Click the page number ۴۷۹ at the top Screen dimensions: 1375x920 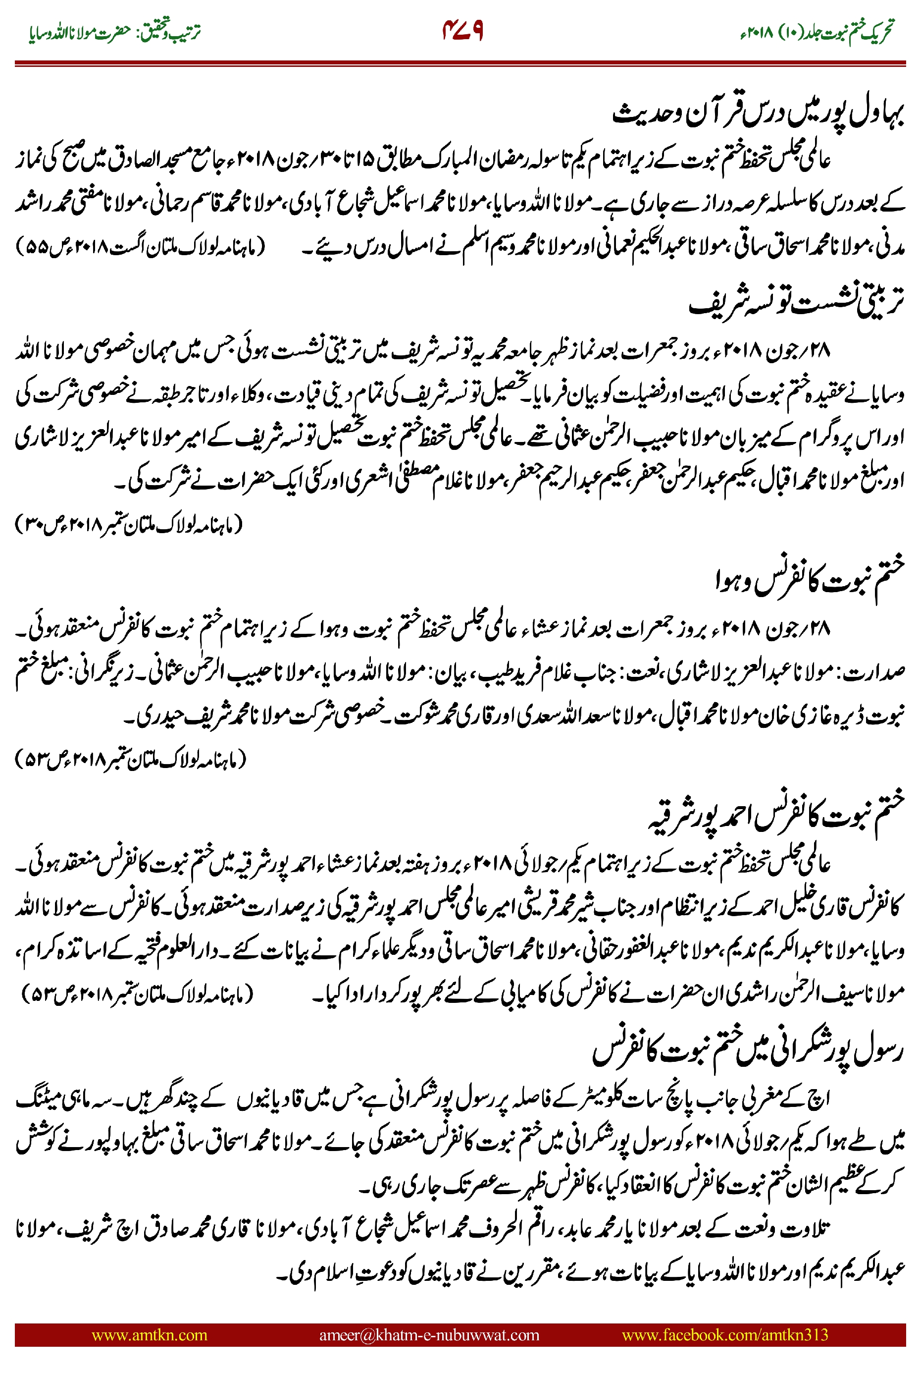pyautogui.click(x=462, y=31)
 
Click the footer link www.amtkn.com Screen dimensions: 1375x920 pyautogui.click(x=149, y=1334)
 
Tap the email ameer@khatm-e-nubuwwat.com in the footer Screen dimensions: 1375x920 pyautogui.click(x=429, y=1334)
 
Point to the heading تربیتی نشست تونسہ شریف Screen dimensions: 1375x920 pyautogui.click(x=796, y=302)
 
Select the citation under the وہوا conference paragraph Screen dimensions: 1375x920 pyautogui.click(x=130, y=759)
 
